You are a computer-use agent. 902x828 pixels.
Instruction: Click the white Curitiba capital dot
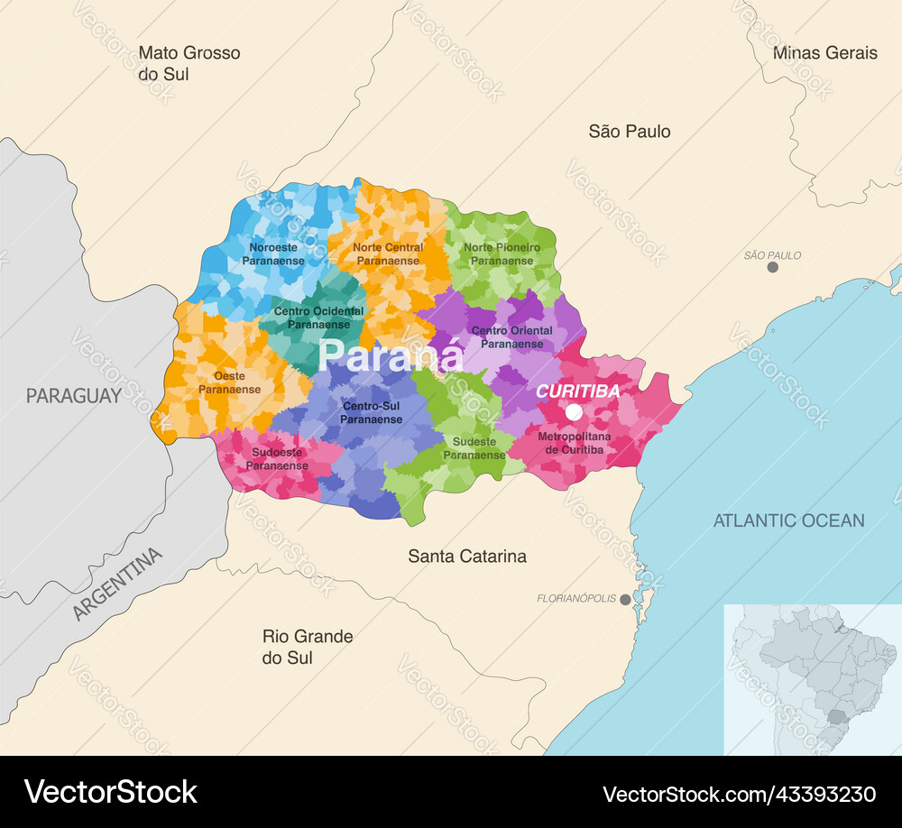click(x=574, y=412)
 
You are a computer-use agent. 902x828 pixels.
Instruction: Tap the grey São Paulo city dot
click(x=772, y=267)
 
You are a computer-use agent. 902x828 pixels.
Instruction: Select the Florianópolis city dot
click(x=625, y=599)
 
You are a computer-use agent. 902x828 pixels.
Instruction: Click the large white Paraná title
click(x=391, y=355)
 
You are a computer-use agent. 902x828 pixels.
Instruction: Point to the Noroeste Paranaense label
click(x=272, y=253)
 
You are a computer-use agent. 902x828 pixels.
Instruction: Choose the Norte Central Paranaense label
click(x=388, y=253)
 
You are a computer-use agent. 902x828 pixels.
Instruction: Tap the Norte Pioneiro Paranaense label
click(x=502, y=253)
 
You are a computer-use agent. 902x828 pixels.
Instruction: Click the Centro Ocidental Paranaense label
click(x=318, y=317)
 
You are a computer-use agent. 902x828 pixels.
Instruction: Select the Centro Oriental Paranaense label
click(x=512, y=337)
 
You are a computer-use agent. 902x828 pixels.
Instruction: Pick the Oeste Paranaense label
click(x=229, y=382)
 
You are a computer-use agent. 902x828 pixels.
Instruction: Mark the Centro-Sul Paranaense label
click(x=372, y=413)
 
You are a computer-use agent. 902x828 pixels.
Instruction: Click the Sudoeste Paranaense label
click(x=280, y=459)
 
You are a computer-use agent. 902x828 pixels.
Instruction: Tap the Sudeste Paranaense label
click(x=474, y=448)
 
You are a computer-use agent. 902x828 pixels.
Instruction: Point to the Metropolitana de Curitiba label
click(x=574, y=443)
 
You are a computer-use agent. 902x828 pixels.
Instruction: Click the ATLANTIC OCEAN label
click(x=788, y=520)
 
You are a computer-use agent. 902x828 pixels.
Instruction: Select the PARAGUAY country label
click(x=73, y=395)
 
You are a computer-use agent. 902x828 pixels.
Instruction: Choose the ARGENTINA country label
click(x=118, y=584)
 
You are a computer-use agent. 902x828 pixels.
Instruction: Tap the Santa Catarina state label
click(x=467, y=557)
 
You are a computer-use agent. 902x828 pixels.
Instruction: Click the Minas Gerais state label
click(x=824, y=53)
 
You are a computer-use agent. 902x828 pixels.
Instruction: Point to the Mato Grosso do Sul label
click(x=189, y=63)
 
